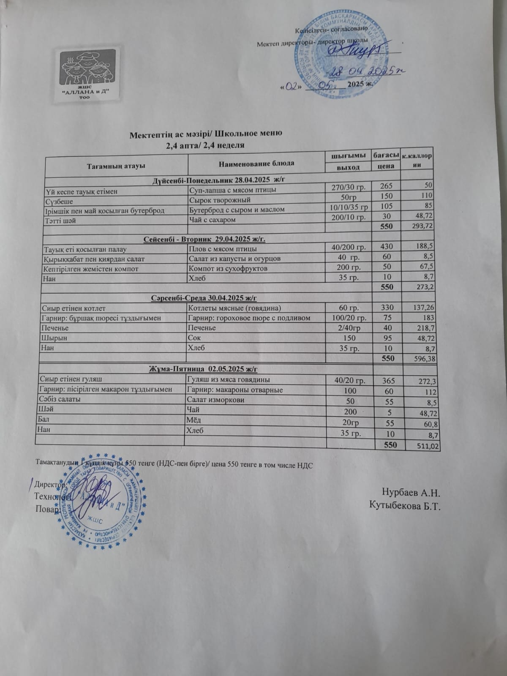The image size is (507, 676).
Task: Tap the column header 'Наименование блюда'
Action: [256, 163]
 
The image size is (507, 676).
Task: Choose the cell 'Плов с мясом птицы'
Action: [223, 249]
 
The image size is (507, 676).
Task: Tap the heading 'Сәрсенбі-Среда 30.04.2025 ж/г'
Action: [204, 298]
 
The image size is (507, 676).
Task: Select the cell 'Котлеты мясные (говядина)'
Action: [234, 308]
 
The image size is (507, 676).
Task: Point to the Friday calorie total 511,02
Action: [423, 445]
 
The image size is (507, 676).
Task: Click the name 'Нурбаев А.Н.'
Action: [412, 493]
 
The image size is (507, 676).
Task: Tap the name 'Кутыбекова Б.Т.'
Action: [405, 505]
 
